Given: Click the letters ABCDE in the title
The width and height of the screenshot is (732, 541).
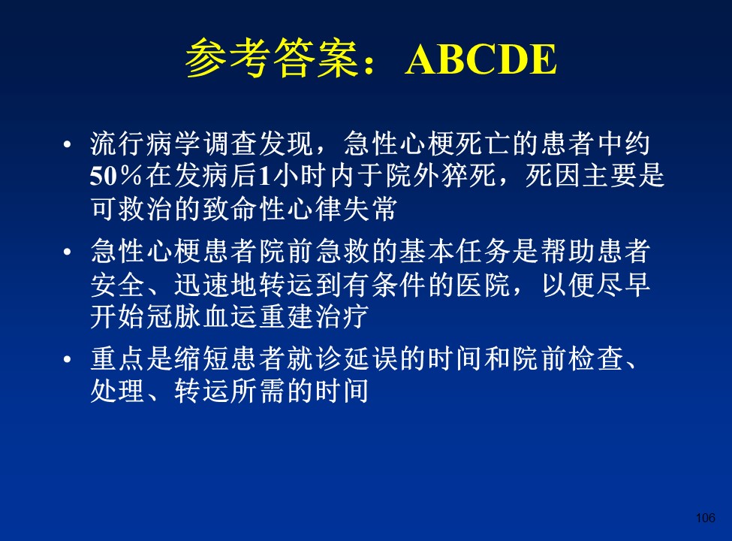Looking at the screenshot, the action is tap(480, 59).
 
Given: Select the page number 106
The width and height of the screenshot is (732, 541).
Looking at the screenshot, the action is tap(706, 518).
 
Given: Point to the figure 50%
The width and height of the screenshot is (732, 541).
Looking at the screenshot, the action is tap(116, 176).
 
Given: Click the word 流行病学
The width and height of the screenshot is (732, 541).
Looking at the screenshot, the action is tap(146, 144).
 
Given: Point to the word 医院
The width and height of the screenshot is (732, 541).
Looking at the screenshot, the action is tap(483, 284).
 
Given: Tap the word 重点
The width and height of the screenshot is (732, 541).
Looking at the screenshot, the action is tap(118, 359).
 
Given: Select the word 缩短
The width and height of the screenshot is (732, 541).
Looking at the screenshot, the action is tap(202, 359).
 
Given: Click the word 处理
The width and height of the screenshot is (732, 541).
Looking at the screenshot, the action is tap(118, 391).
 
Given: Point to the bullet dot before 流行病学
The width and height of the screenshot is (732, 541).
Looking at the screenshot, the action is tap(68, 144).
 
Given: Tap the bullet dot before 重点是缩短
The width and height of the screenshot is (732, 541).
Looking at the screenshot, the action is tap(68, 360).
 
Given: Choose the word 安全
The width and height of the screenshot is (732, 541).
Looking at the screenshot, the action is tap(118, 284).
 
